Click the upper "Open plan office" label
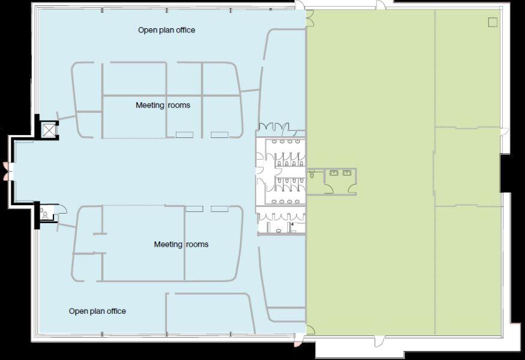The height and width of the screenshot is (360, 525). pos(166,30)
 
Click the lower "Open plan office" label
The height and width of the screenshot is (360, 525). pos(97,311)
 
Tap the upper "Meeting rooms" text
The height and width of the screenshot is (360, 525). pos(163,105)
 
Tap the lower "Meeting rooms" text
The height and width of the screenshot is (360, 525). pos(181,244)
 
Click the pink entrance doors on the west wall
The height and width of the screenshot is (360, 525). pos(5,171)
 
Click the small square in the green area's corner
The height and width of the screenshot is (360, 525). pos(493,22)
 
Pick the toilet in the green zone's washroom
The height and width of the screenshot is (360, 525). pos(312,175)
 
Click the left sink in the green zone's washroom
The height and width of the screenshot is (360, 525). pos(334,173)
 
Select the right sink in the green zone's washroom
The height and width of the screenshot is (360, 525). pos(347,173)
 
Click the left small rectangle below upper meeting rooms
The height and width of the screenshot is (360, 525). pos(184,135)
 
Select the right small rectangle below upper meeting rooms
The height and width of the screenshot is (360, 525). pos(220,135)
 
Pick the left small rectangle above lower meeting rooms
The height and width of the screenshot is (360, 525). pos(194,209)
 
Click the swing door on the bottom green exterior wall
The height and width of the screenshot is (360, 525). pos(378,341)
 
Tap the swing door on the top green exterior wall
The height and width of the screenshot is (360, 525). pos(380,5)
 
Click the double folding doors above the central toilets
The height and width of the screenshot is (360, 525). pos(274,127)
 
